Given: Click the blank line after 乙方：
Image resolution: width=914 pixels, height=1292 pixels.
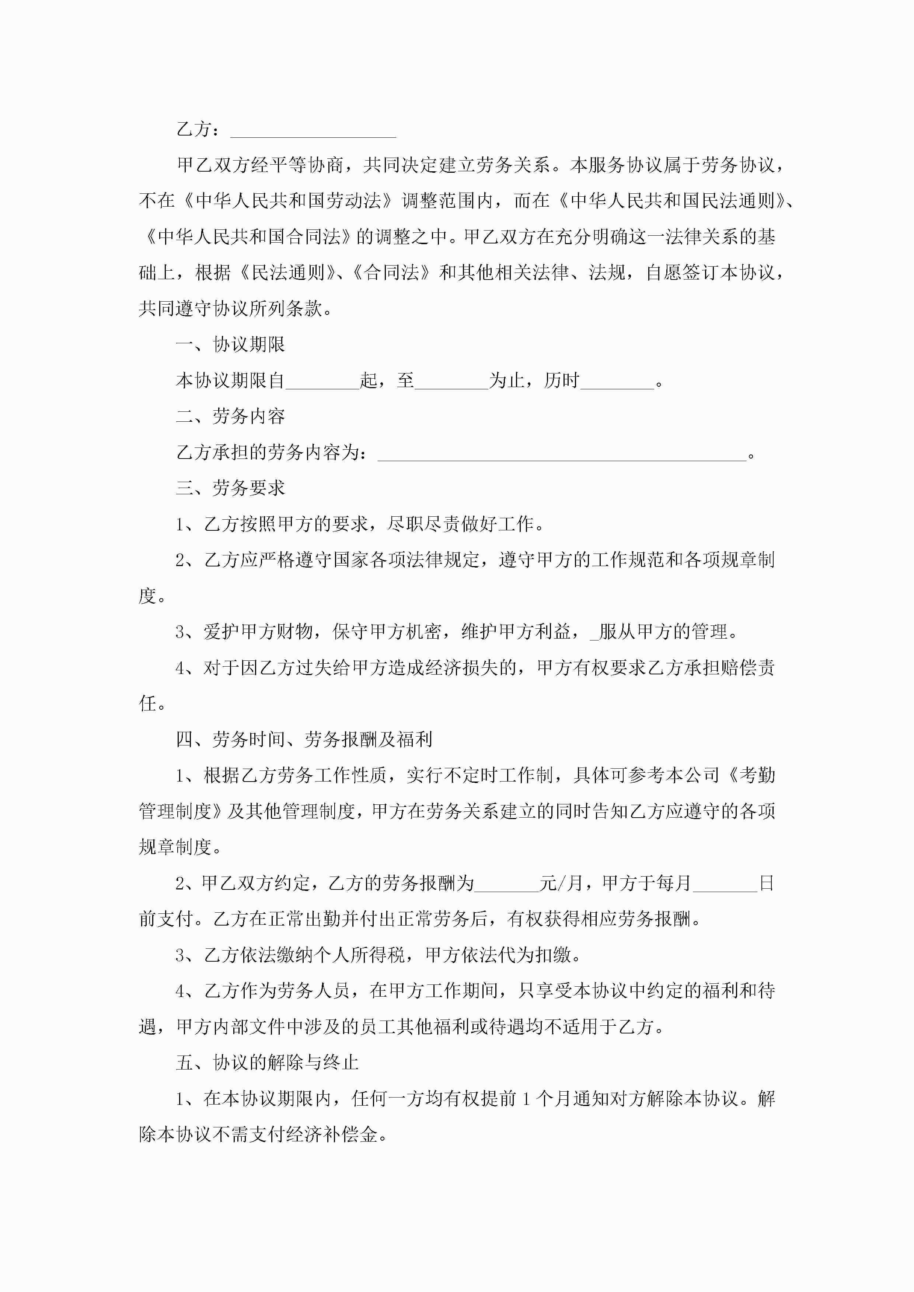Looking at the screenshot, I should click(x=313, y=132).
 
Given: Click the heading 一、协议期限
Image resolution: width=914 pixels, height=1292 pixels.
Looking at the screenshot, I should click(x=230, y=344).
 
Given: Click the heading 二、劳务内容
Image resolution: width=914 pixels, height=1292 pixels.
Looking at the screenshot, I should click(x=230, y=417).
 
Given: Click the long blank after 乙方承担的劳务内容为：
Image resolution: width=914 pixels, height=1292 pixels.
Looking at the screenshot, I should click(x=561, y=453).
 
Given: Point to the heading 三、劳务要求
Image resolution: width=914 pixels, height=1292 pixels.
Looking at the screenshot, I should click(x=230, y=488).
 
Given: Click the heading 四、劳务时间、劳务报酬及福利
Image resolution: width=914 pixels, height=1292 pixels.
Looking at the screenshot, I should click(x=304, y=740).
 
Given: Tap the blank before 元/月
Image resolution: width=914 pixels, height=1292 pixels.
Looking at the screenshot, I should click(x=506, y=884).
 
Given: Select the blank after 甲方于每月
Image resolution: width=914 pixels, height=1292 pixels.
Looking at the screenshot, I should click(x=725, y=884).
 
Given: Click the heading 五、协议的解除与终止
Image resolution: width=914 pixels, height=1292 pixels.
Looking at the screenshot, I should click(x=267, y=1063).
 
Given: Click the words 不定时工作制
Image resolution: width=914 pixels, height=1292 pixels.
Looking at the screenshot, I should click(x=498, y=775).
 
